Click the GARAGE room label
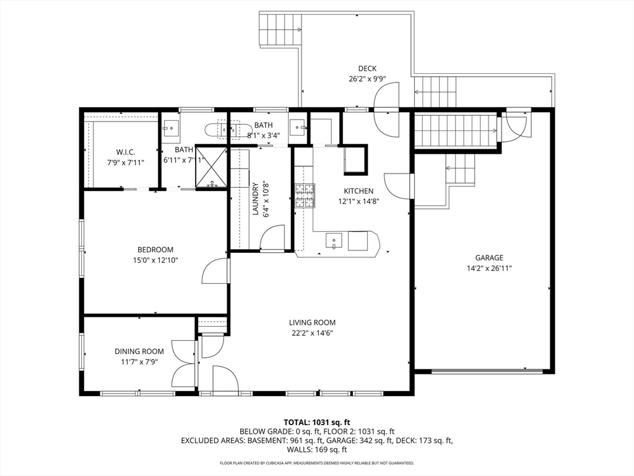click(489, 257)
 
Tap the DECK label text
click(367, 68)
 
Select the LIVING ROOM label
click(312, 322)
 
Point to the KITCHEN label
click(358, 191)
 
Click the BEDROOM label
click(155, 250)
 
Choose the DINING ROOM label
click(139, 351)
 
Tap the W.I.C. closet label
click(125, 152)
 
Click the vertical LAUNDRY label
click(255, 199)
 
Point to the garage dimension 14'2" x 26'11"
click(489, 268)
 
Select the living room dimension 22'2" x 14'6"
click(312, 333)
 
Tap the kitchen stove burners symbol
click(305, 196)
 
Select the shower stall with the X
click(212, 166)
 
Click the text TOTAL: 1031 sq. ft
click(316, 423)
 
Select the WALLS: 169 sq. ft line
click(316, 449)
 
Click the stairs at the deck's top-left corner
click(280, 30)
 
